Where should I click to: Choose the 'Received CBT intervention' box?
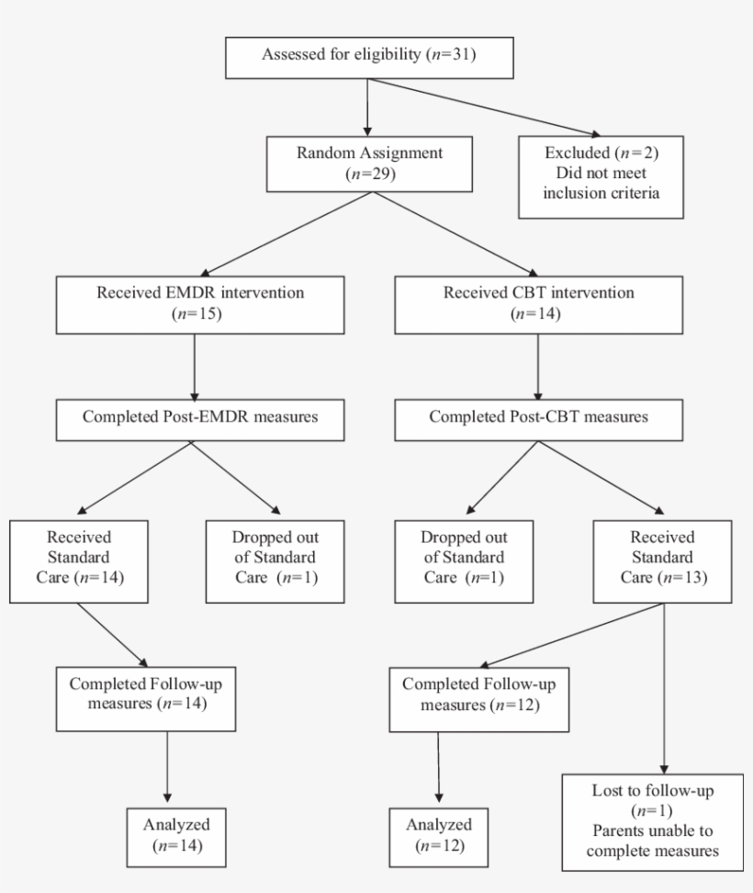point(537,305)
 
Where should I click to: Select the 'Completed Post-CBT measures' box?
point(537,416)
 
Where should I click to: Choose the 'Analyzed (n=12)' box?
point(437,834)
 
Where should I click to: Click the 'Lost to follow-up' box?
point(652,820)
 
